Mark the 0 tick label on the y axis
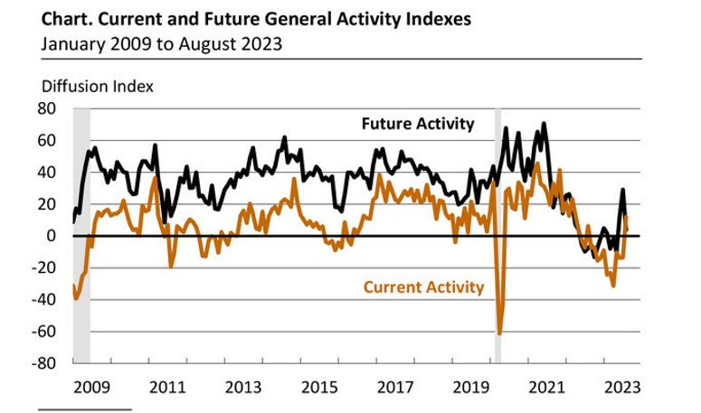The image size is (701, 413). point(52,236)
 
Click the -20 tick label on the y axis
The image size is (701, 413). point(46,268)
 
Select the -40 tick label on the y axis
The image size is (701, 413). point(46,299)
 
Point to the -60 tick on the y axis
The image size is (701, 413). point(46,332)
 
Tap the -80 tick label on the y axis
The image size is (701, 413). point(46,363)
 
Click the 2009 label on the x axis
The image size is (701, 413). point(90,387)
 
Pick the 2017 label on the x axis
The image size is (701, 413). point(394,387)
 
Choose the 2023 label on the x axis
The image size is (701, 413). point(623,387)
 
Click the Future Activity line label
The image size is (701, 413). point(417,124)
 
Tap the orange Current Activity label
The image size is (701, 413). point(423,287)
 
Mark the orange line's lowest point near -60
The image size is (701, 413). point(499,333)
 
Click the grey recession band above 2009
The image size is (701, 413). point(81,235)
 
